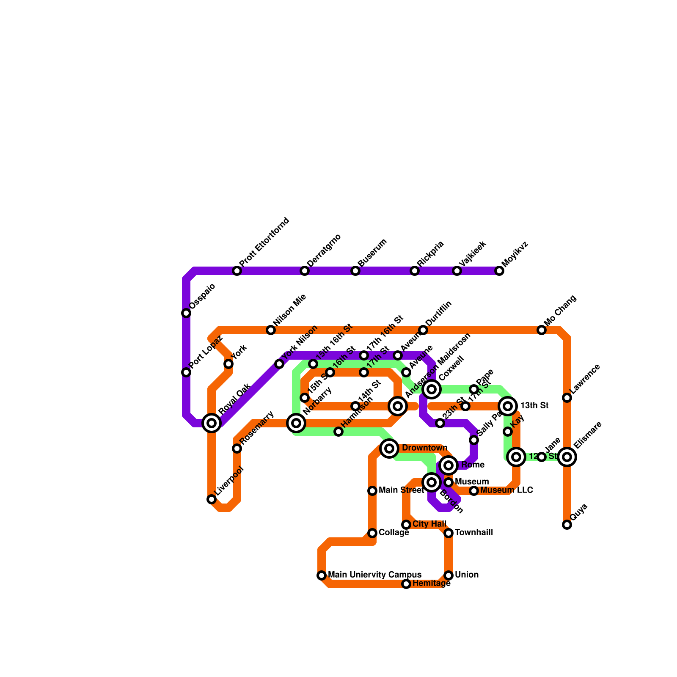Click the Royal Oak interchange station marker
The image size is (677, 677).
point(212,423)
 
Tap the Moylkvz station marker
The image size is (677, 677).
point(499,271)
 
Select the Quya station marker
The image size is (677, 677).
point(567,525)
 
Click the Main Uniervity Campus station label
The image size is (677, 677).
point(374,575)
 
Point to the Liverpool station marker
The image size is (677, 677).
point(212,499)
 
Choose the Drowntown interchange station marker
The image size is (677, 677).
point(389,448)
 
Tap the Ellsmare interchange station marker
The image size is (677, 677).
point(567,457)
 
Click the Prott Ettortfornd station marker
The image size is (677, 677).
point(237,271)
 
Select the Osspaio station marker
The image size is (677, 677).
point(186,313)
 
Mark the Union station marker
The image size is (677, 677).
point(449,575)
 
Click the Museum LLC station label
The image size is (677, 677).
point(506,490)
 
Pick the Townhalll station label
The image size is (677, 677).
point(473,533)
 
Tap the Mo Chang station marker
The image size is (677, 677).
point(542,330)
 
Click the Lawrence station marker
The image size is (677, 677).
point(567,398)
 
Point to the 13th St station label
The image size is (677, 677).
point(534,406)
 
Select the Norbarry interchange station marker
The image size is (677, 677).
point(296,423)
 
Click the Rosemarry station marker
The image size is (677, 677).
point(237,449)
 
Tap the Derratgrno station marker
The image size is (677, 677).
point(305,271)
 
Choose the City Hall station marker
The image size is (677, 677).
point(406,525)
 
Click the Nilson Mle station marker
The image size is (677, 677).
point(271,330)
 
